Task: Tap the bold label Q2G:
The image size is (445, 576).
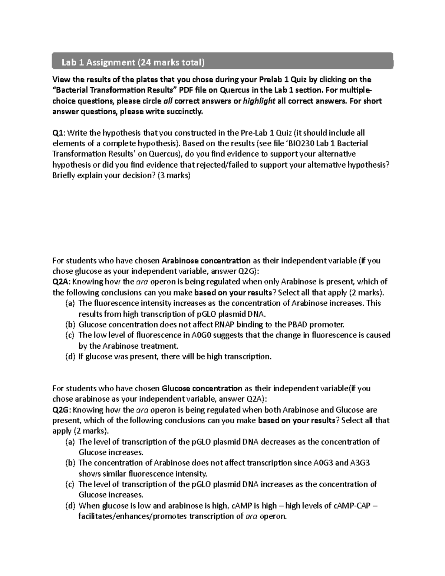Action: tap(62, 410)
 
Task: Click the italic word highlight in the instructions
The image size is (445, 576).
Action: tap(258, 101)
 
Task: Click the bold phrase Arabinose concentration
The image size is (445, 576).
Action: tap(201, 260)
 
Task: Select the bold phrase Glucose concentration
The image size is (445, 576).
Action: tap(202, 388)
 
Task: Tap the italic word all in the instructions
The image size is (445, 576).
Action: tap(168, 101)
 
